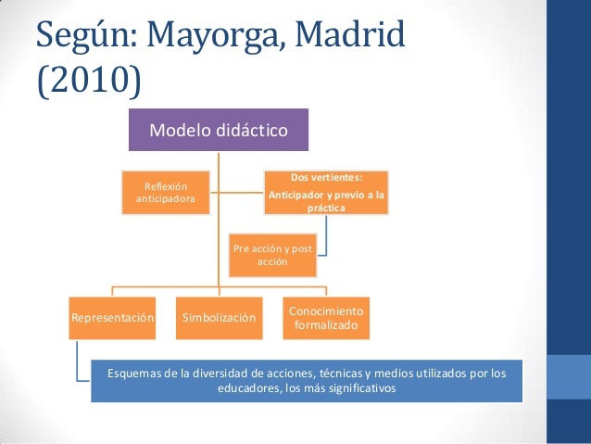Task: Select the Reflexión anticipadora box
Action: pyautogui.click(x=166, y=193)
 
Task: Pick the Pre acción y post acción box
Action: pyautogui.click(x=272, y=255)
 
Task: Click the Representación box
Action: pyautogui.click(x=112, y=318)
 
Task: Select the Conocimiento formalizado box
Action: pyautogui.click(x=327, y=318)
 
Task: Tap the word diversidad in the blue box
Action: pyautogui.click(x=205, y=374)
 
